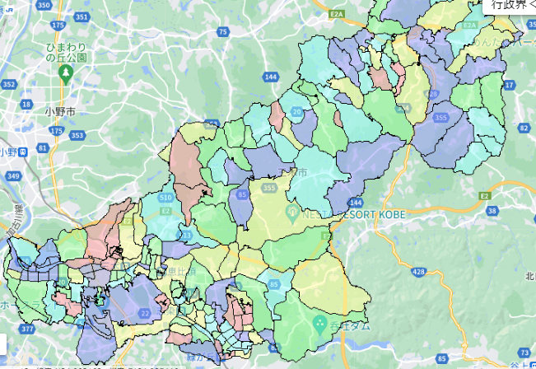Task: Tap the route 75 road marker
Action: click(223, 31)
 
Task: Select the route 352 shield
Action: click(9, 84)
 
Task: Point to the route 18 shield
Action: click(28, 105)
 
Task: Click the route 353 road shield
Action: click(77, 135)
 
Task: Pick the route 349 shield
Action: click(12, 175)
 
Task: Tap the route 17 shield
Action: click(508, 85)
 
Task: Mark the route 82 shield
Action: click(524, 128)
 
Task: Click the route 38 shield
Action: click(492, 212)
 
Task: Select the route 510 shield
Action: click(165, 198)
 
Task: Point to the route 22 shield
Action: click(145, 313)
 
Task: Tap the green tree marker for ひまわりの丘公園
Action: click(65, 72)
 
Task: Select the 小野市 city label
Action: click(60, 110)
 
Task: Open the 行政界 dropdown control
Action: click(510, 6)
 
